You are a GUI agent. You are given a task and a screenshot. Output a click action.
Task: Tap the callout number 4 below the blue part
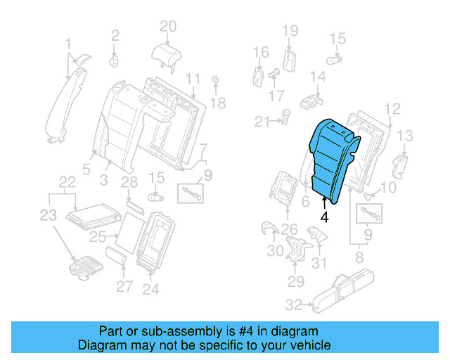(324, 217)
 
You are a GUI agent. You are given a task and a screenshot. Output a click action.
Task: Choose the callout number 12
(392, 108)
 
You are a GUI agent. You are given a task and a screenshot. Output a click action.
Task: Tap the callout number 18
(218, 103)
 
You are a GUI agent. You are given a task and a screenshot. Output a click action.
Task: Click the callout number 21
(262, 122)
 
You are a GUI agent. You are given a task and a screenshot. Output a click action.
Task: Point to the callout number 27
(124, 286)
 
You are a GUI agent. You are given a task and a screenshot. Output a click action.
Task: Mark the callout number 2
(116, 33)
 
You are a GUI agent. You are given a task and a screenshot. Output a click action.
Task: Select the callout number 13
(406, 135)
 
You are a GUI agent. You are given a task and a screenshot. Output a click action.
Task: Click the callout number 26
(289, 229)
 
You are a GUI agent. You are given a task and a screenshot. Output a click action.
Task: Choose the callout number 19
(290, 30)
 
